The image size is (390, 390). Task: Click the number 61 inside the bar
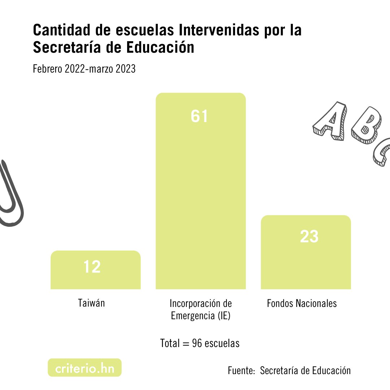pyautogui.click(x=200, y=116)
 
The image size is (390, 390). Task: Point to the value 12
pyautogui.click(x=92, y=267)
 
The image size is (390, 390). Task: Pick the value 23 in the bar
pyautogui.click(x=309, y=237)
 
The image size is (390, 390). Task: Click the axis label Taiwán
pyautogui.click(x=91, y=303)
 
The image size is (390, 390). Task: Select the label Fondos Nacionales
pyautogui.click(x=302, y=303)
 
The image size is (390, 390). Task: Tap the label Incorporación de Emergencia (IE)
pyautogui.click(x=201, y=309)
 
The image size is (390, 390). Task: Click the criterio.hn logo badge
pyautogui.click(x=84, y=368)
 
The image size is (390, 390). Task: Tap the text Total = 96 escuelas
pyautogui.click(x=200, y=343)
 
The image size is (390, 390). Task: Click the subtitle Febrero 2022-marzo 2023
pyautogui.click(x=84, y=69)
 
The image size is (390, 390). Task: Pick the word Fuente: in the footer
pyautogui.click(x=241, y=370)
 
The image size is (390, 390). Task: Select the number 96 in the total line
pyautogui.click(x=197, y=343)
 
